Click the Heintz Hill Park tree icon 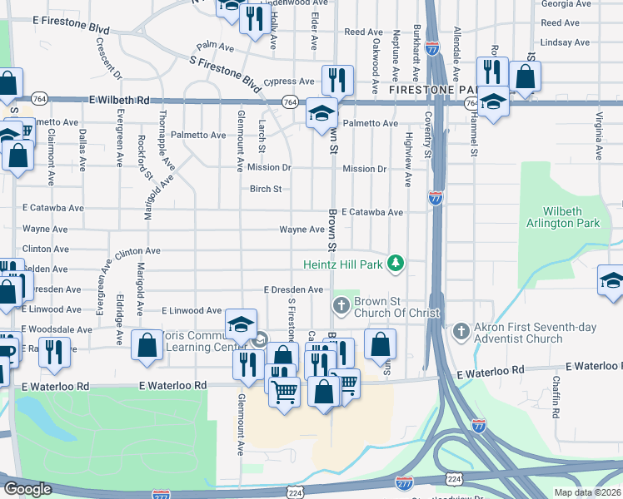pos(397,264)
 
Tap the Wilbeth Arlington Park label pos(562,218)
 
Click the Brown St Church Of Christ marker pos(341,306)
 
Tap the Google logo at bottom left pos(27,489)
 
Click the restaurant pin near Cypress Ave pos(337,81)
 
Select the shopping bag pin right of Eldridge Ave pos(147,347)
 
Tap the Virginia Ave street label pos(598,135)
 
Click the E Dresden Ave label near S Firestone pos(292,289)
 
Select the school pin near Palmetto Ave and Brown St pos(321,114)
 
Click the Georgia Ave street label pos(560,4)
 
